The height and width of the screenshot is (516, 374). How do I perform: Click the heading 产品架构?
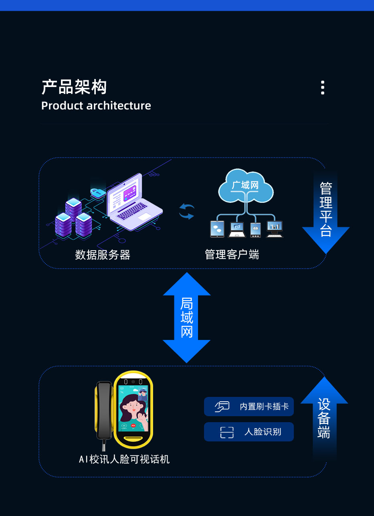coord(74,87)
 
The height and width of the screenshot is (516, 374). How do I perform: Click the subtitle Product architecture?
coord(96,106)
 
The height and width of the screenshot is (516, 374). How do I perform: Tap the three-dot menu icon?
coord(323,87)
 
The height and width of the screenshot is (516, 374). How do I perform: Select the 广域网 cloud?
coord(245,186)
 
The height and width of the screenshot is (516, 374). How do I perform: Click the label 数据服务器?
coord(103,255)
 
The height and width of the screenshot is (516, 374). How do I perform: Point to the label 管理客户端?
coord(232,255)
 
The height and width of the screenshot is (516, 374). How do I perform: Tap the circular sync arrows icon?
coord(186,211)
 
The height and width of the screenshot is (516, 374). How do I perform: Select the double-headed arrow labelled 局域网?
coord(186,318)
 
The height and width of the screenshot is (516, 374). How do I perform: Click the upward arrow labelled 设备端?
coord(324,417)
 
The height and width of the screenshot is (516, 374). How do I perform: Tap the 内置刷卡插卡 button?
coord(249,407)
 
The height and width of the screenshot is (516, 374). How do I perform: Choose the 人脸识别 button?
coord(249,432)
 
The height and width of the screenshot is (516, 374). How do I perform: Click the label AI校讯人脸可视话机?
coord(124,459)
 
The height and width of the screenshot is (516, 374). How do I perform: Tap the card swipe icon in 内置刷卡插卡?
coord(222,407)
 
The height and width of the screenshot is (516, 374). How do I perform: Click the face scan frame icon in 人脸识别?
coord(227,432)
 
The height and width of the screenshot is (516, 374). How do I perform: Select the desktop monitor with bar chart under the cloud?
coord(275,229)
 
